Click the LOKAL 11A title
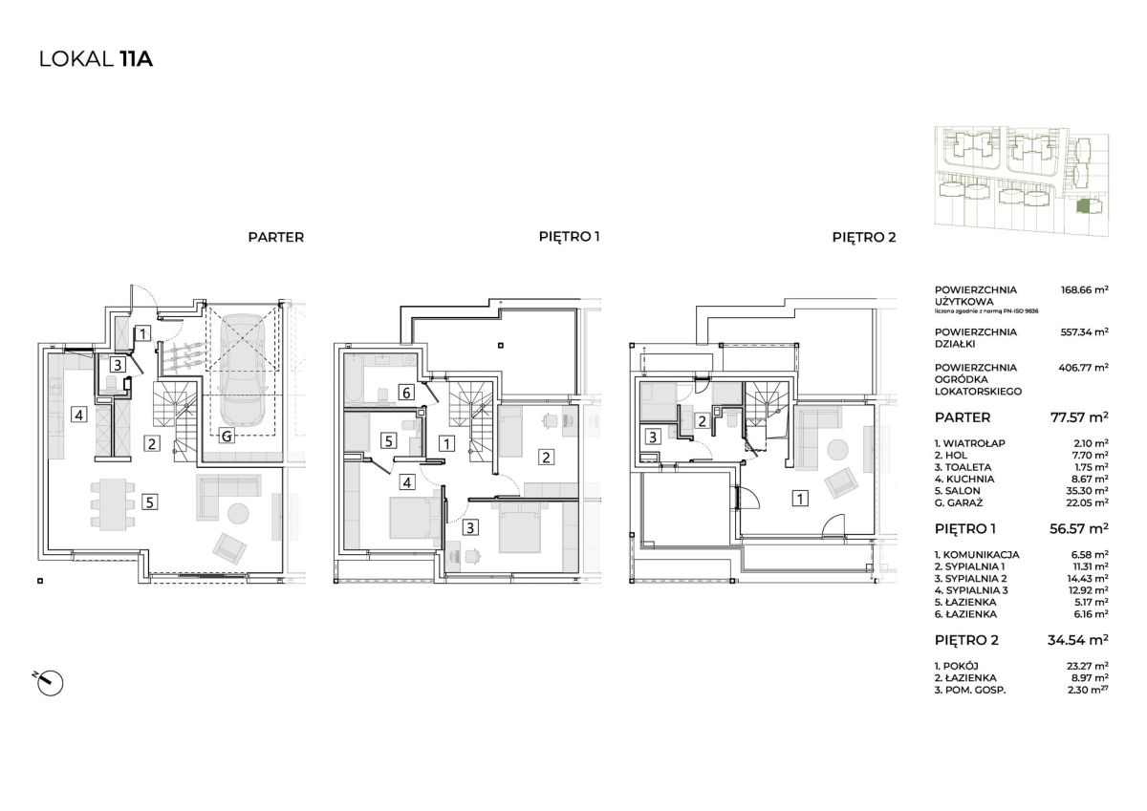[97, 59]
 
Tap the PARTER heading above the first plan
[276, 238]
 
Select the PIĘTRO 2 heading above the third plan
[864, 237]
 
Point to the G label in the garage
[227, 437]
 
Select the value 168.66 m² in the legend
[1085, 289]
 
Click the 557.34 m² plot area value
[1085, 332]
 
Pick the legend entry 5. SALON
[958, 491]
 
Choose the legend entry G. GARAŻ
[959, 502]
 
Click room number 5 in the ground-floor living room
[149, 502]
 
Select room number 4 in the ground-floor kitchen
[78, 415]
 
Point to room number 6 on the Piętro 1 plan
[406, 393]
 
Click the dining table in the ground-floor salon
[113, 504]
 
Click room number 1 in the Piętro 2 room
[800, 498]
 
